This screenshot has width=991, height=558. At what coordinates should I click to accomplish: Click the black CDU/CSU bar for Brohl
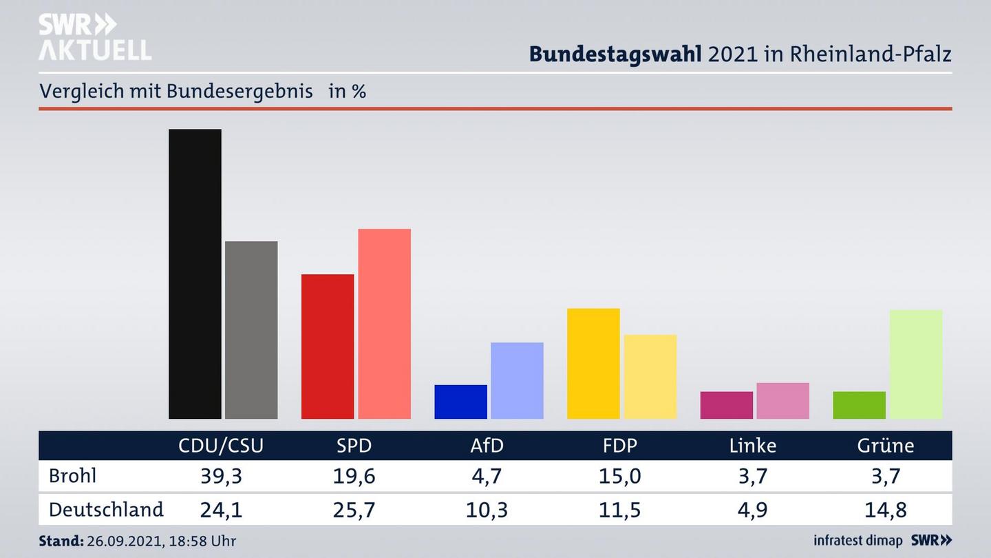click(x=195, y=273)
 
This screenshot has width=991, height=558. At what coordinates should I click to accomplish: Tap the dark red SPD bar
click(x=328, y=346)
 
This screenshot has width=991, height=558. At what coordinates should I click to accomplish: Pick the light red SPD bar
click(x=384, y=323)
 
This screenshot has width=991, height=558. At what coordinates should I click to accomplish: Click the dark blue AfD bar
click(x=460, y=402)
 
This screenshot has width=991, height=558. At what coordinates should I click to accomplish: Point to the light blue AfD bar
click(x=517, y=380)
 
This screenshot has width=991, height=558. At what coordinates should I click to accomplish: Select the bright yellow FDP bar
click(x=593, y=363)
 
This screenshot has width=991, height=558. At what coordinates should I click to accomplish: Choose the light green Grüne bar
click(x=915, y=364)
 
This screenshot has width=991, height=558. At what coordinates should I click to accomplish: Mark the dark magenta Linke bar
click(x=726, y=405)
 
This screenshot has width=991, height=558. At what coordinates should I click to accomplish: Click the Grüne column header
click(x=885, y=446)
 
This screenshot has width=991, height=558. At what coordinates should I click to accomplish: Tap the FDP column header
click(x=619, y=446)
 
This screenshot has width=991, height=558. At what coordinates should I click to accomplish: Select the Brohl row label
click(x=72, y=476)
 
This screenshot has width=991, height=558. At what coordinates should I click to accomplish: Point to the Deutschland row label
click(x=106, y=510)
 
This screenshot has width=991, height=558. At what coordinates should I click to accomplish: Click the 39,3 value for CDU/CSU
click(x=221, y=476)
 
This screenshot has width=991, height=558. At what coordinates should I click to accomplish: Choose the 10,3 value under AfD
click(x=487, y=510)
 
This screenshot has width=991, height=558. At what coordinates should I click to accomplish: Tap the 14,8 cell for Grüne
click(x=885, y=510)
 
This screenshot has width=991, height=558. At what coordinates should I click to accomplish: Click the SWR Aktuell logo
click(x=94, y=37)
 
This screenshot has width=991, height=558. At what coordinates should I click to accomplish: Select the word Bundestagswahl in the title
click(x=615, y=54)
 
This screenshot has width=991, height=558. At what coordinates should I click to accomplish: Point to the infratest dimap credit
click(x=858, y=541)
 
